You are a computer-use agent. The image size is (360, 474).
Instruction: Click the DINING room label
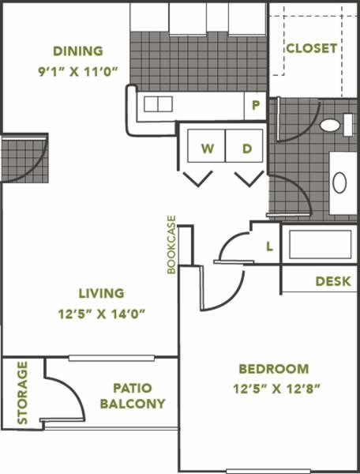[x=78, y=51]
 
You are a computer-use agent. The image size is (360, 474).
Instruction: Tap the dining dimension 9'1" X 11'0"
[x=77, y=72]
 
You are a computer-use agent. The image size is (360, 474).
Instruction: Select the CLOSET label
[x=311, y=48]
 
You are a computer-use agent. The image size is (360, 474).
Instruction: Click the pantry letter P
[x=256, y=105]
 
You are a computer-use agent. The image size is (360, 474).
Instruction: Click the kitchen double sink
[x=158, y=104]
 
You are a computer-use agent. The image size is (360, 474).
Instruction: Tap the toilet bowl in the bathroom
[x=330, y=125]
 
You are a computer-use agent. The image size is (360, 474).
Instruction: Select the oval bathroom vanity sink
[x=339, y=182]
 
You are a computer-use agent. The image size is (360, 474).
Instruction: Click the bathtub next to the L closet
[x=321, y=245]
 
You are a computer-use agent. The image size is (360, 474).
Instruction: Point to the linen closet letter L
[x=270, y=246]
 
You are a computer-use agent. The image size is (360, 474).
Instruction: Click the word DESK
[x=333, y=281]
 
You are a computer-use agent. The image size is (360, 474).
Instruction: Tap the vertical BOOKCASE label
[x=171, y=245]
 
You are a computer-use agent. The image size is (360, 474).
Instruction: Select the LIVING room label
[x=102, y=293]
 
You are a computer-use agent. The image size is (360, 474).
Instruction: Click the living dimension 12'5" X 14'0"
[x=102, y=314]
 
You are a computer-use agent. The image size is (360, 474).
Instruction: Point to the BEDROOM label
[x=274, y=369]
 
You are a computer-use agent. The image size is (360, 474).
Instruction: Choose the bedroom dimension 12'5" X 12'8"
[x=276, y=389]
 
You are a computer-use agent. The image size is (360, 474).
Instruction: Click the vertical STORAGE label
[x=22, y=393]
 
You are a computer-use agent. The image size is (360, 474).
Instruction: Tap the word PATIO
[x=133, y=388]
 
